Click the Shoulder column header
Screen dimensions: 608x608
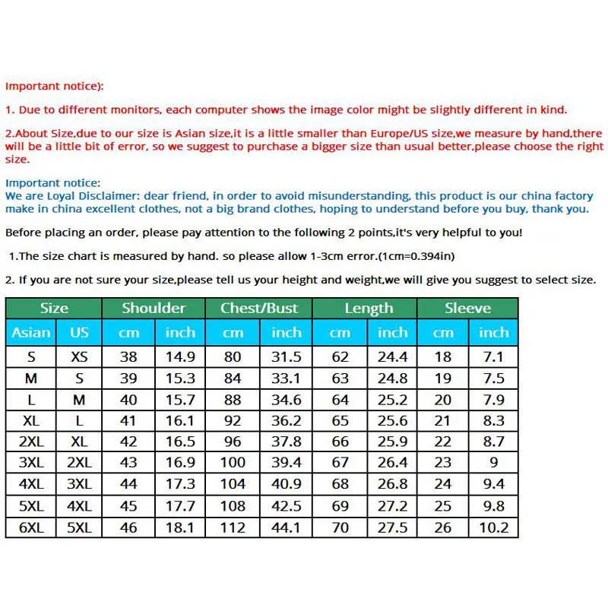coord(154,308)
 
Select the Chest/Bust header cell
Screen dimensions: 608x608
coord(259,308)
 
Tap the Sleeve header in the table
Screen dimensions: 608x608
coord(468,308)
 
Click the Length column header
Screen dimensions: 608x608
coord(369,308)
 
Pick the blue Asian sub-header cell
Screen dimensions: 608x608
coord(31,332)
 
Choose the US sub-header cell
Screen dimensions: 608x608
coord(79,332)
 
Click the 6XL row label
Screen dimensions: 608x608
coord(31,527)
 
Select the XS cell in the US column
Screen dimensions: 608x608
coord(79,356)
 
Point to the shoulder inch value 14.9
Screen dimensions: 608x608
coord(180,356)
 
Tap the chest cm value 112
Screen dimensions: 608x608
coord(233,527)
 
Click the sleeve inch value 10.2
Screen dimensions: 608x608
coord(493,527)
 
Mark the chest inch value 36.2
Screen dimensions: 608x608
coord(287,420)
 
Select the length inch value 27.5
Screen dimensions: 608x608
coord(392,527)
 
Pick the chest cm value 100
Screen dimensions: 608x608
coord(233,462)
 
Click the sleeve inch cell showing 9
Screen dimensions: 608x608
coord(493,462)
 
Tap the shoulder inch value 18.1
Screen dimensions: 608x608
coord(180,527)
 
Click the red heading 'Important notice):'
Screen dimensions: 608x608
coord(55,87)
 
